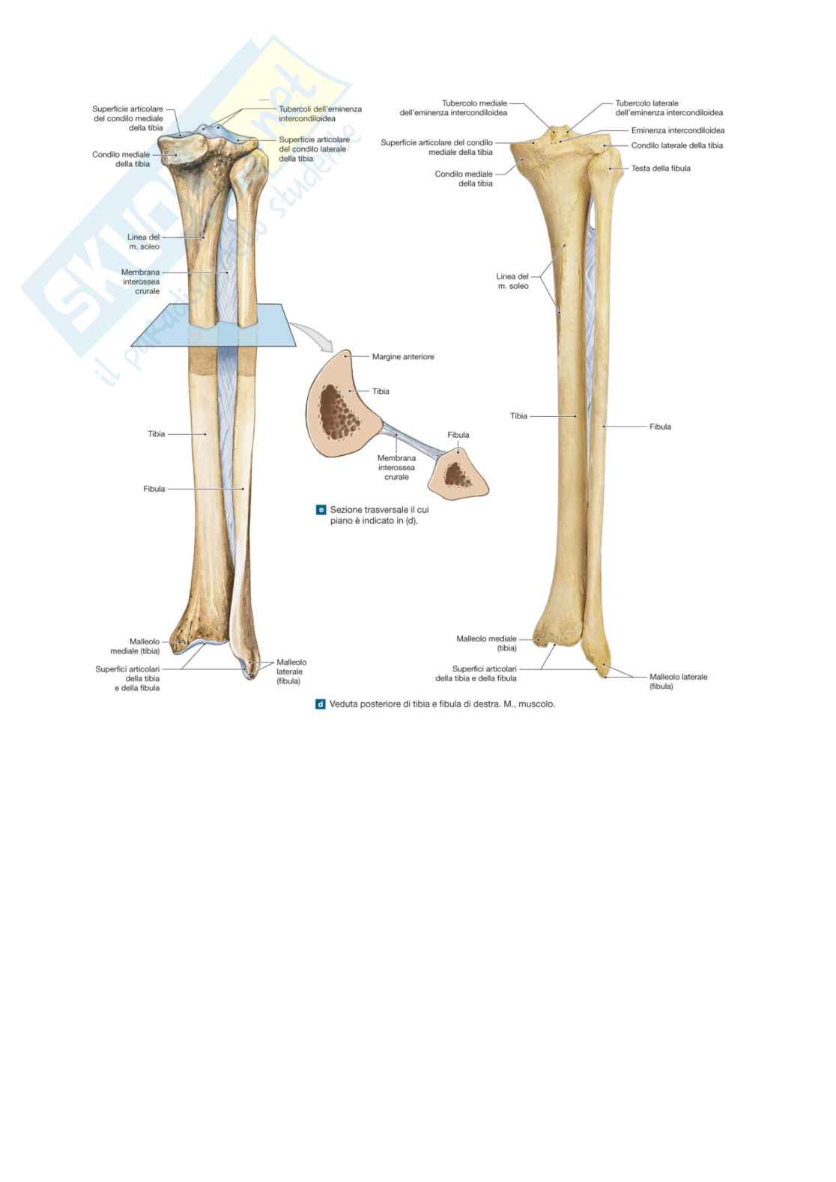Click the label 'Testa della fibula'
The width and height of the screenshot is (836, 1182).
pyautogui.click(x=660, y=168)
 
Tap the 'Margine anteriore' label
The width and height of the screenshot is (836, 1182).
pyautogui.click(x=403, y=357)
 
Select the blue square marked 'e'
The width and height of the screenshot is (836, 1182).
pyautogui.click(x=321, y=510)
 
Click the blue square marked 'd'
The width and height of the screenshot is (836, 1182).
pyautogui.click(x=321, y=704)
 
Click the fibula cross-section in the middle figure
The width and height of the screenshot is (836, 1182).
pyautogui.click(x=458, y=473)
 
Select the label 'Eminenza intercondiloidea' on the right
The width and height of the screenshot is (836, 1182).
pyautogui.click(x=677, y=130)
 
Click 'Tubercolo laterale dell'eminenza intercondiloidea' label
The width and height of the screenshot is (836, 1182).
pyautogui.click(x=668, y=108)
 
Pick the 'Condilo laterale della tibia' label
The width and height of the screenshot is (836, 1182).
pyautogui.click(x=676, y=146)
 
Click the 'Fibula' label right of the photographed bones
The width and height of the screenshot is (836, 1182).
pyautogui.click(x=660, y=427)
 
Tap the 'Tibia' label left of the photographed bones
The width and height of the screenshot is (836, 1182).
pyautogui.click(x=518, y=416)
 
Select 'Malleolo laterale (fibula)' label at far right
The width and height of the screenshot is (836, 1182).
pyautogui.click(x=677, y=681)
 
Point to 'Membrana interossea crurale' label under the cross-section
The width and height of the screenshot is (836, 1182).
pyautogui.click(x=396, y=467)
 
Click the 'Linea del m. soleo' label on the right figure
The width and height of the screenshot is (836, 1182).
pyautogui.click(x=512, y=281)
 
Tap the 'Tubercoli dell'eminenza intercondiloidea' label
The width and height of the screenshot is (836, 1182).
pyautogui.click(x=320, y=114)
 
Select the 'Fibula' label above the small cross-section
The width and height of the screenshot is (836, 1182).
pyautogui.click(x=458, y=435)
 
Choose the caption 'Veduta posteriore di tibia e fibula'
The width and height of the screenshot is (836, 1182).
pyautogui.click(x=442, y=704)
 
